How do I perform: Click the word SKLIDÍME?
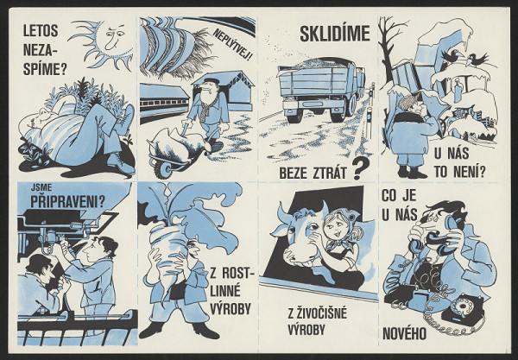click(334, 35)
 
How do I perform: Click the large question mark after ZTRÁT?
click(360, 167)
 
